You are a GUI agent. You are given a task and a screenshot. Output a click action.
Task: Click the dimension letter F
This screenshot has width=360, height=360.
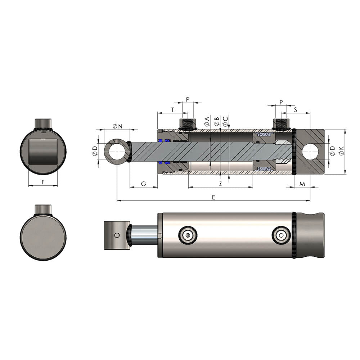tap(43, 182)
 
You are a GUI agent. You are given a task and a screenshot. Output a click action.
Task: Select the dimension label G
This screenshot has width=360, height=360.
tap(143, 184)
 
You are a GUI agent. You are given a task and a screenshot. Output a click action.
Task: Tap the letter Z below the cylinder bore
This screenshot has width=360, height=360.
tap(220, 184)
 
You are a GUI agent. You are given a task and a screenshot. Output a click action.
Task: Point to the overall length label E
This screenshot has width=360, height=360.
tap(213, 197)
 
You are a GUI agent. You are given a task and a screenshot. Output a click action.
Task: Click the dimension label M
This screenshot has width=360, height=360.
tap(302, 184)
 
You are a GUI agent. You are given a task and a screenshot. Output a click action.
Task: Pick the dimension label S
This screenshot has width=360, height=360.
tap(296, 110)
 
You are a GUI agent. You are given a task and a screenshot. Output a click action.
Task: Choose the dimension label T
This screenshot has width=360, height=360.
tap(173, 110)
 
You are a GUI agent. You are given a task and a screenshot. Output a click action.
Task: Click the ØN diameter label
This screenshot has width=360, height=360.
tap(117, 126)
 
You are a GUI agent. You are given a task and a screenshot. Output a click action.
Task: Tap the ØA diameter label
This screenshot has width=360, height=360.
tap(207, 121)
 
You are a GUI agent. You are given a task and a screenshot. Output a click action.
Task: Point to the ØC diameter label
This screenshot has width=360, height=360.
tap(225, 121)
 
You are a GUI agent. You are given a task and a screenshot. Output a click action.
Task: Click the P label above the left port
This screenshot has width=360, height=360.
tap(188, 99)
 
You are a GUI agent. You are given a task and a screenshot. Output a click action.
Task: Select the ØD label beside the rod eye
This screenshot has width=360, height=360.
tap(95, 151)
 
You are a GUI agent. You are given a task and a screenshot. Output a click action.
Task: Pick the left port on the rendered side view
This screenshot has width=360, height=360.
tap(188, 235)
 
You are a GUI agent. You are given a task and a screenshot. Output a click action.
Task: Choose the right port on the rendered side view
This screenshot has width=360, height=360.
tap(281, 235)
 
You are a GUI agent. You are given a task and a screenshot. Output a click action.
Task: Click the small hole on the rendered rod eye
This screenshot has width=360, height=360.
tap(116, 235)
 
